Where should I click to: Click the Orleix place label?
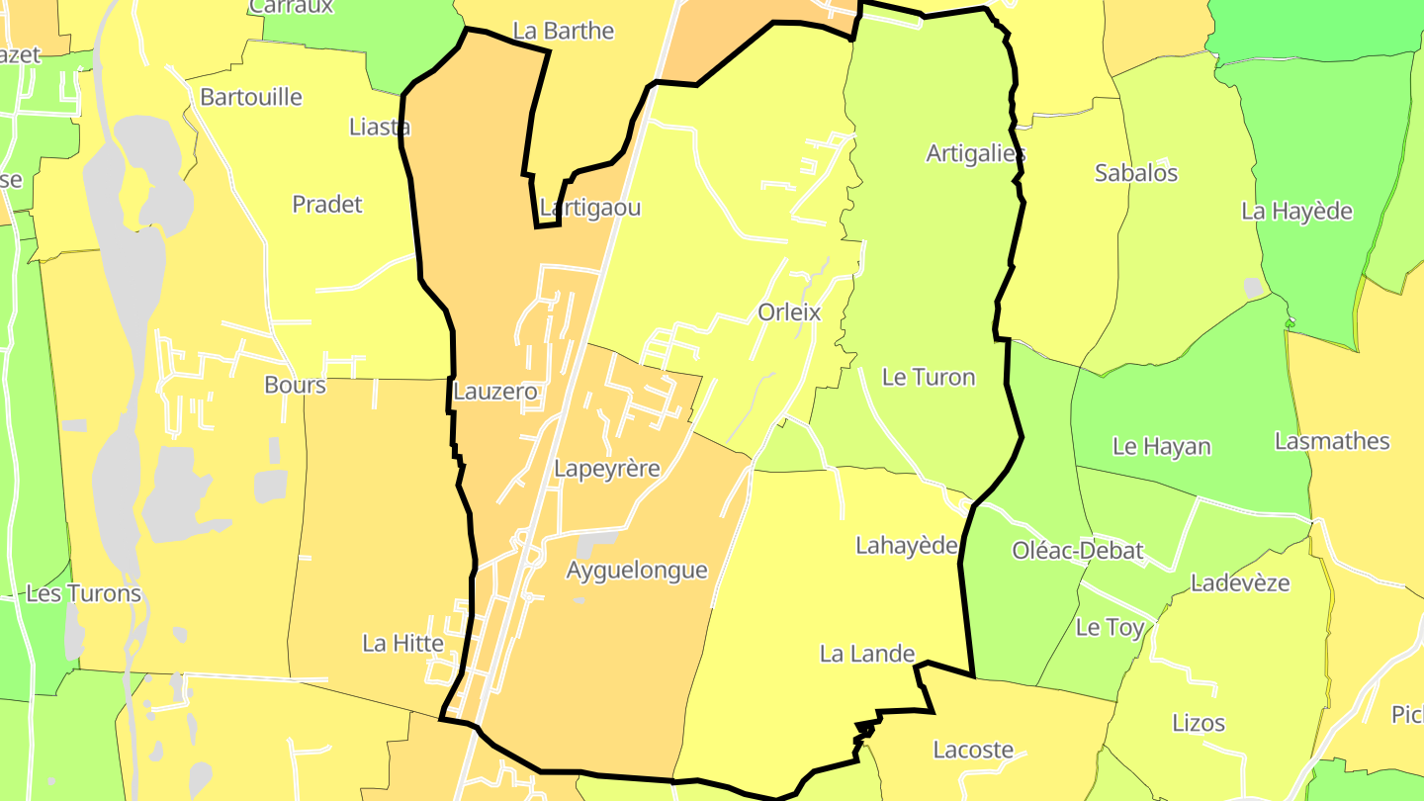click(x=789, y=312)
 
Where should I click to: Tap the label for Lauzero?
click(x=494, y=392)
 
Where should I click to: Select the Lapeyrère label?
click(x=606, y=469)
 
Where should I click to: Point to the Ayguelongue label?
click(x=637, y=571)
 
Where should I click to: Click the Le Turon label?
click(x=928, y=377)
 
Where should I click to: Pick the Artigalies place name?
click(x=975, y=153)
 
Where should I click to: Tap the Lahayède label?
click(x=907, y=545)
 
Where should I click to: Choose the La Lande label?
click(x=867, y=654)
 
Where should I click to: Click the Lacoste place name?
click(x=973, y=750)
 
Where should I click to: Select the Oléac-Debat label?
click(x=1078, y=551)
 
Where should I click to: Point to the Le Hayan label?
click(x=1161, y=446)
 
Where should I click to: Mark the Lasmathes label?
click(x=1332, y=441)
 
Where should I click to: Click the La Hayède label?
click(x=1296, y=211)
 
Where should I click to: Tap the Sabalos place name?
click(x=1136, y=173)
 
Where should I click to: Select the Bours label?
click(x=295, y=385)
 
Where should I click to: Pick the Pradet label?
click(x=327, y=204)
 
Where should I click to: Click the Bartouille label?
click(x=251, y=97)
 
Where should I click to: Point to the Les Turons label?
click(x=84, y=593)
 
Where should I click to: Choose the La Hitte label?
click(x=402, y=643)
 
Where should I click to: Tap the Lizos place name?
click(x=1199, y=723)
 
